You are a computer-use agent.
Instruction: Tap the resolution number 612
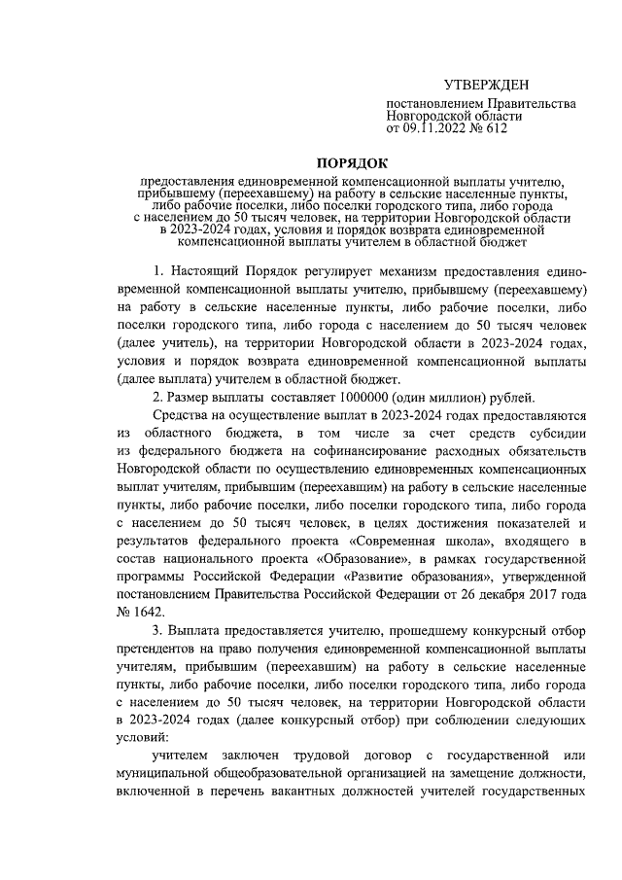[495, 126]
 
